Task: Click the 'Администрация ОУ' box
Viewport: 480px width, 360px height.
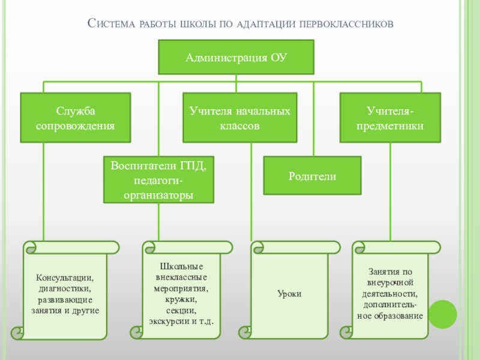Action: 236,58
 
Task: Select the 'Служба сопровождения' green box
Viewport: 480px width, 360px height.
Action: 76,118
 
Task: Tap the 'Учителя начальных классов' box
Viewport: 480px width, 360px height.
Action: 240,118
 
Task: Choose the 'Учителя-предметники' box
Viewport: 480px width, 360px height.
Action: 391,118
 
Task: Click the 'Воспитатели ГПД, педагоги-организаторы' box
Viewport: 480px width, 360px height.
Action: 158,179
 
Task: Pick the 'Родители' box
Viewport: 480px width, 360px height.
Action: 313,176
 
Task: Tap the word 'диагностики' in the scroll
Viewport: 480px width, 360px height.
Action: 65,289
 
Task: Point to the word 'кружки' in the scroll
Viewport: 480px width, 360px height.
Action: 181,299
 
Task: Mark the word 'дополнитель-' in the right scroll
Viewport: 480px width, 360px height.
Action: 390,304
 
